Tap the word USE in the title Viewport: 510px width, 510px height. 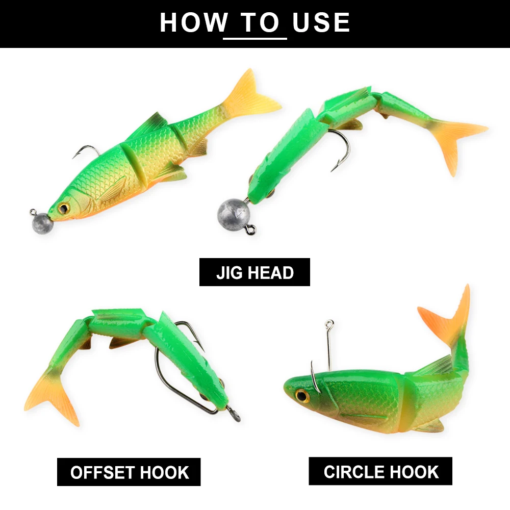click(x=321, y=23)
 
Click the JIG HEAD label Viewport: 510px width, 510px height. click(x=254, y=272)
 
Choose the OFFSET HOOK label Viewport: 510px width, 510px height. click(x=129, y=472)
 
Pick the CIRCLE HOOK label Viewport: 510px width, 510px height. click(x=380, y=471)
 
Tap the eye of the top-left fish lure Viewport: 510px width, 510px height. click(x=64, y=208)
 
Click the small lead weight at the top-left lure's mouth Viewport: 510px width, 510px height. click(x=41, y=223)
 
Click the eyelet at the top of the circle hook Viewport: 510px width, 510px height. click(x=329, y=323)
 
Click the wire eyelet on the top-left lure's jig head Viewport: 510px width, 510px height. click(x=32, y=211)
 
